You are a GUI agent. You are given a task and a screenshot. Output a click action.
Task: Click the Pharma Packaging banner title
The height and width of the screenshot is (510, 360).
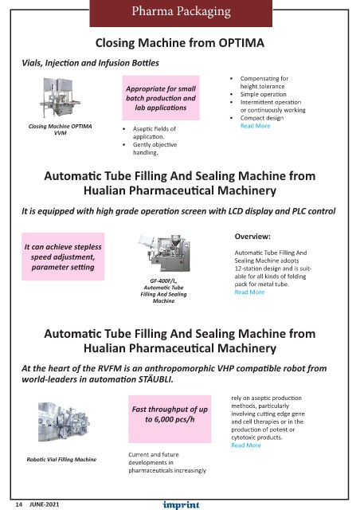181,11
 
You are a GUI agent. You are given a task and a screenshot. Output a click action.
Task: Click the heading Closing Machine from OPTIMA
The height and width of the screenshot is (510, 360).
179,43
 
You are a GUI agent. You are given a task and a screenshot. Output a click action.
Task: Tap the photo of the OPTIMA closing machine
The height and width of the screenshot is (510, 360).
61,97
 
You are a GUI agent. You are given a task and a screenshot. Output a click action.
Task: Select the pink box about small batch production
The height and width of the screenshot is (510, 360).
161,98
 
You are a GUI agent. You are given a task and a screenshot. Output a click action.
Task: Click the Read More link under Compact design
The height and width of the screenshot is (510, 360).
256,126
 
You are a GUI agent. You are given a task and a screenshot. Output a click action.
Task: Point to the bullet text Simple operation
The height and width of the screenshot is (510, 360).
264,94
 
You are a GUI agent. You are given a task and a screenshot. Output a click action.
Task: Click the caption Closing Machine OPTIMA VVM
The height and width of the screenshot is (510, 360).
61,129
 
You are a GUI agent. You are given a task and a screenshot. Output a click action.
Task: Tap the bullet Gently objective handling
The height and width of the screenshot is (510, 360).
155,148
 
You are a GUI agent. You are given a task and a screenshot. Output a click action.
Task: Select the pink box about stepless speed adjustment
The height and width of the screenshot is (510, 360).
63,257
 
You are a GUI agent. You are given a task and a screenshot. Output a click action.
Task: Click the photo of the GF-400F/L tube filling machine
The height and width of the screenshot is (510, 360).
164,253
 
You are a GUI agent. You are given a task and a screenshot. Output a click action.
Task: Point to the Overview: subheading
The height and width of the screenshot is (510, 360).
252,237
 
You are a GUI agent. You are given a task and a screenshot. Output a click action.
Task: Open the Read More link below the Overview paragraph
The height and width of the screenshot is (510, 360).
249,292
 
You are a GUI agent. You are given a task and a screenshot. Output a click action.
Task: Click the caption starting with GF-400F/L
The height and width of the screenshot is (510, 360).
163,291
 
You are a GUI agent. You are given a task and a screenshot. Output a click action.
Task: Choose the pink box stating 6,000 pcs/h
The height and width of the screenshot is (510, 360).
170,419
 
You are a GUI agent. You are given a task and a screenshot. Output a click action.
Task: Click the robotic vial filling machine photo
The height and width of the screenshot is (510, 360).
64,422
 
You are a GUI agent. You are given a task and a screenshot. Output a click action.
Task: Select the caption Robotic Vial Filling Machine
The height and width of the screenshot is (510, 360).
61,460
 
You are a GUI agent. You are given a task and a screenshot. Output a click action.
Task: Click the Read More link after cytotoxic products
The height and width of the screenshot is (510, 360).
246,445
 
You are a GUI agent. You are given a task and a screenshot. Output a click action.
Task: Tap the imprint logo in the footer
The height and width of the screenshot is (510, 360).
181,504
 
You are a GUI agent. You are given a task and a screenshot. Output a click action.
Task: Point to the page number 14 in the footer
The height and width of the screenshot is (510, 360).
19,504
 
